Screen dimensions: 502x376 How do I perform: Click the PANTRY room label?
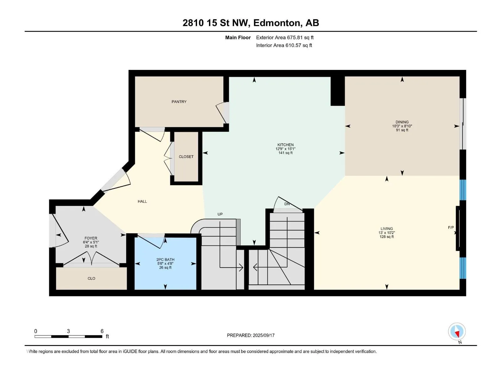point(179,102)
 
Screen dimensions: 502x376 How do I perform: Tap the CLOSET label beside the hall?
point(186,157)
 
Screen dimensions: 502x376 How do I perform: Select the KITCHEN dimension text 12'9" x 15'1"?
point(285,149)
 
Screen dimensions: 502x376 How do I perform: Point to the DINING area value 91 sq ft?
point(402,130)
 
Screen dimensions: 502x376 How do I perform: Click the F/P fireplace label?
point(451,227)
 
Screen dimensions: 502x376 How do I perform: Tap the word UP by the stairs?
point(220,214)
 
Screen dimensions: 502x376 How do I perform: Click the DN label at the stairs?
point(287,204)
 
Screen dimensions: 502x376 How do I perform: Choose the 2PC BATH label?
point(165,259)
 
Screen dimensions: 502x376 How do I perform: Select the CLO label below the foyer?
point(91,278)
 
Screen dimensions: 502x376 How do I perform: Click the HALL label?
point(142,201)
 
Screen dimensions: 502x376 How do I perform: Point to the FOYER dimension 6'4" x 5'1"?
point(91,242)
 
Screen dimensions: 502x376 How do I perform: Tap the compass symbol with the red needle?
point(457,332)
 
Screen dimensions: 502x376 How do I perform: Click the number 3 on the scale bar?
point(68,331)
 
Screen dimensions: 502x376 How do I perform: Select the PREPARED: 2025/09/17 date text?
point(251,335)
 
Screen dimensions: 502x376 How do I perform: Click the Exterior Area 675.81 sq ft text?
point(285,37)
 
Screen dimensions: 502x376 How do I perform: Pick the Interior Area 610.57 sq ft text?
point(284,45)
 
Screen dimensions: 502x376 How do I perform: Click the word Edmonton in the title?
point(276,23)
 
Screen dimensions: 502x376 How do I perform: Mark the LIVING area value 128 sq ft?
point(387,237)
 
